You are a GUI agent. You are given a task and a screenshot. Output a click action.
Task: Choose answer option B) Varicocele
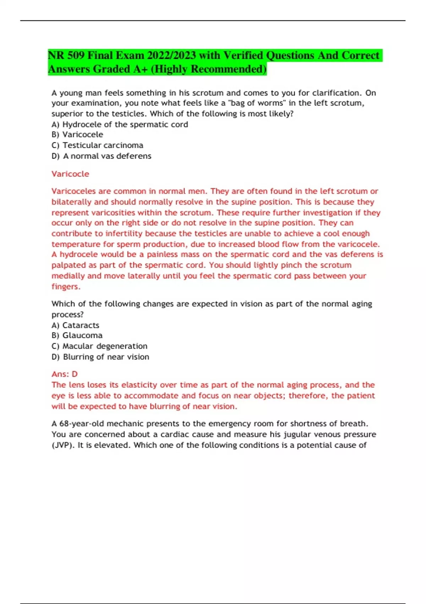pos(77,135)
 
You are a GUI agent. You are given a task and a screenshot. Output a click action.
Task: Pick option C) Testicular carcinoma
pos(97,145)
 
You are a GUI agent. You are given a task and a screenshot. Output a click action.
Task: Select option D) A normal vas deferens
pos(102,156)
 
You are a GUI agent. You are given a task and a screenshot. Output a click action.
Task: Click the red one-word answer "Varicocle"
pos(70,174)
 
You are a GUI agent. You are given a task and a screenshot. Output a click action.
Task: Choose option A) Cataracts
pos(75,325)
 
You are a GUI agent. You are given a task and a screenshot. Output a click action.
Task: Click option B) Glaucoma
pos(77,335)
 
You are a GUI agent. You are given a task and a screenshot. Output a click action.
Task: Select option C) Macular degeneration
pos(99,346)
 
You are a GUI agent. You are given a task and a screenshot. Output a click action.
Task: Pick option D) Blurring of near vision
pos(100,357)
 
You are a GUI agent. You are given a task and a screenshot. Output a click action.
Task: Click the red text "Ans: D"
pos(64,374)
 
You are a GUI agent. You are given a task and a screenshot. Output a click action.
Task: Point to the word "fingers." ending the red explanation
pos(66,286)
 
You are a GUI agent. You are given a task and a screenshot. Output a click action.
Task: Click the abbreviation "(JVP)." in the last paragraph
pos(63,445)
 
